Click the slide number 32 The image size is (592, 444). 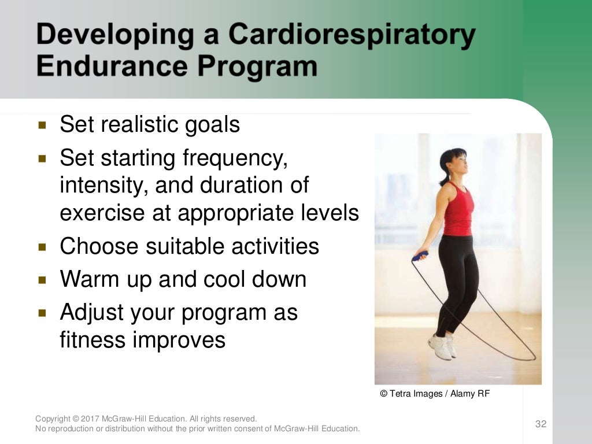(541, 424)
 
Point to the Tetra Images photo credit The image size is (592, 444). (435, 394)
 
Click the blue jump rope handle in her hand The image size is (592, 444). (420, 255)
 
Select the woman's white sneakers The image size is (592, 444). (442, 347)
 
